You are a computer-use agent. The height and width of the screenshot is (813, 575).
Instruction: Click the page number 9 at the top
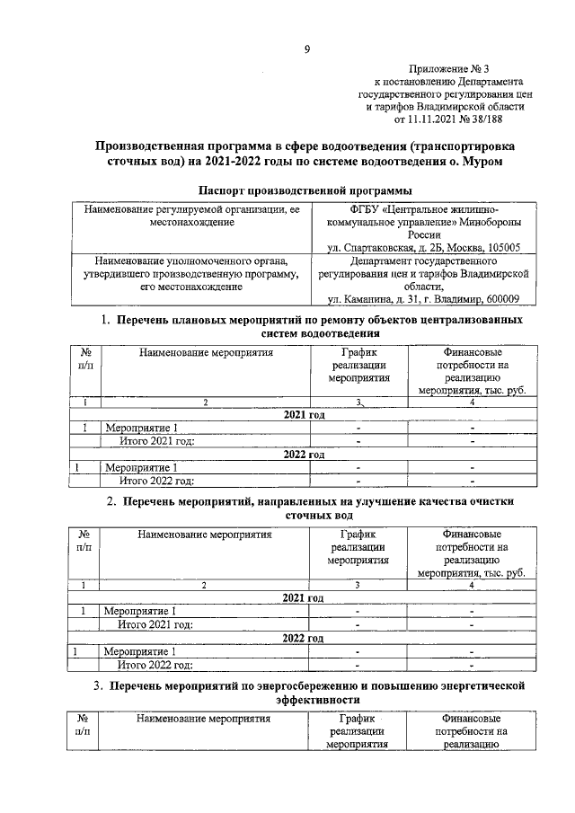point(306,50)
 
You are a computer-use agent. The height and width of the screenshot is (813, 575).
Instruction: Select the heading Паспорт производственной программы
point(305,190)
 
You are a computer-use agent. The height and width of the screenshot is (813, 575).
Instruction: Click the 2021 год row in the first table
point(304,415)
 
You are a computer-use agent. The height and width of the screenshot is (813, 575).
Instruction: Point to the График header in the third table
point(357,719)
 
